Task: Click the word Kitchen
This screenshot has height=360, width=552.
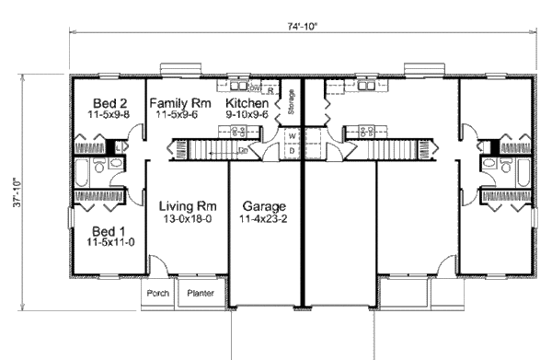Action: [x=247, y=104]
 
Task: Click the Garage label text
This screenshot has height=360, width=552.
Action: [x=264, y=205]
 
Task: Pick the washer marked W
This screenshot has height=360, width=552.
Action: [x=292, y=136]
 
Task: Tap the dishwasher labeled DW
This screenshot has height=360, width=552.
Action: [x=255, y=89]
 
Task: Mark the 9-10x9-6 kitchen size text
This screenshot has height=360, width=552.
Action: [x=247, y=116]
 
